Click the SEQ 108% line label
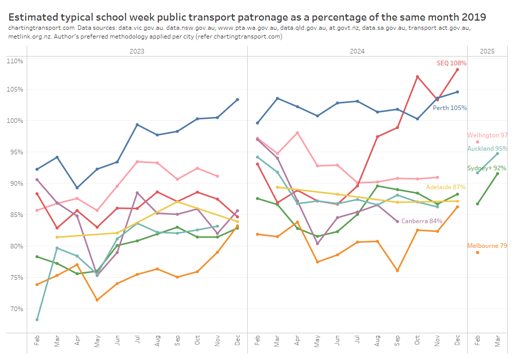(x=451, y=63)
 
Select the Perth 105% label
(x=450, y=108)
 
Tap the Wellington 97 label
(x=487, y=135)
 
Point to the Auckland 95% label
(x=487, y=149)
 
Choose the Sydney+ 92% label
(x=486, y=168)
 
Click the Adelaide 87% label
(x=446, y=187)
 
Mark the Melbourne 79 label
(x=487, y=246)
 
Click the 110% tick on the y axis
(x=15, y=61)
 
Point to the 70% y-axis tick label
(x=16, y=309)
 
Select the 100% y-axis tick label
(x=15, y=121)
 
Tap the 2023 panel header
(x=137, y=51)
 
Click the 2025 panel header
(x=487, y=51)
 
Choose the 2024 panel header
(x=357, y=51)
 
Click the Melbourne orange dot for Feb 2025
(x=478, y=253)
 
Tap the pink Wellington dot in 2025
(x=478, y=142)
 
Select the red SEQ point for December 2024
(x=457, y=70)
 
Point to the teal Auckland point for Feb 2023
(x=37, y=320)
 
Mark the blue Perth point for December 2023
(x=237, y=100)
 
